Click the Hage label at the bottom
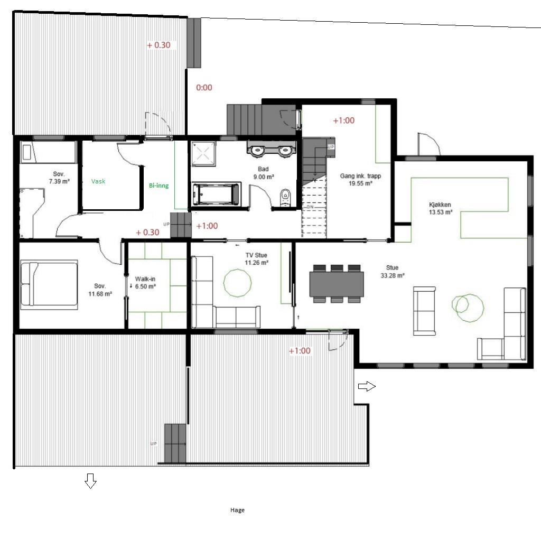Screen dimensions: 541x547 [237, 510]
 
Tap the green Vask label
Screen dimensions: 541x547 [98, 181]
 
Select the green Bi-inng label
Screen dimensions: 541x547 [158, 186]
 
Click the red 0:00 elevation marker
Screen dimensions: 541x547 [204, 88]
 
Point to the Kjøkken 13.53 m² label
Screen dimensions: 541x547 [441, 208]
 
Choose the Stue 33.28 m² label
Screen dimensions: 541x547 [393, 272]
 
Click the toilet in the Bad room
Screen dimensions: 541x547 [285, 198]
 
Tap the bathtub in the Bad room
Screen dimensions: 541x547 [216, 193]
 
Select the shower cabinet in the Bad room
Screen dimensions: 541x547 [203, 154]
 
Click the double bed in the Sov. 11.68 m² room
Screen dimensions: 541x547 [49, 284]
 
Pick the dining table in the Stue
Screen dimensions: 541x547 [337, 284]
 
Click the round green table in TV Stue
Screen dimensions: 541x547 [238, 283]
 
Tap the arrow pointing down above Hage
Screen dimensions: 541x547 [91, 481]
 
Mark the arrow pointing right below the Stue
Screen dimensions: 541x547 [367, 386]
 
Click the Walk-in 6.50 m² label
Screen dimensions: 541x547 [145, 283]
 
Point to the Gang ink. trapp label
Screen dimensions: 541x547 [360, 176]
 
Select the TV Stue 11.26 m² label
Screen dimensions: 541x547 [256, 259]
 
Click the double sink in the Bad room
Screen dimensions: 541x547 [272, 149]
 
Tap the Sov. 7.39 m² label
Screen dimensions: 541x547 [59, 178]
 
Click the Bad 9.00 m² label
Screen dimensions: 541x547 [263, 173]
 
